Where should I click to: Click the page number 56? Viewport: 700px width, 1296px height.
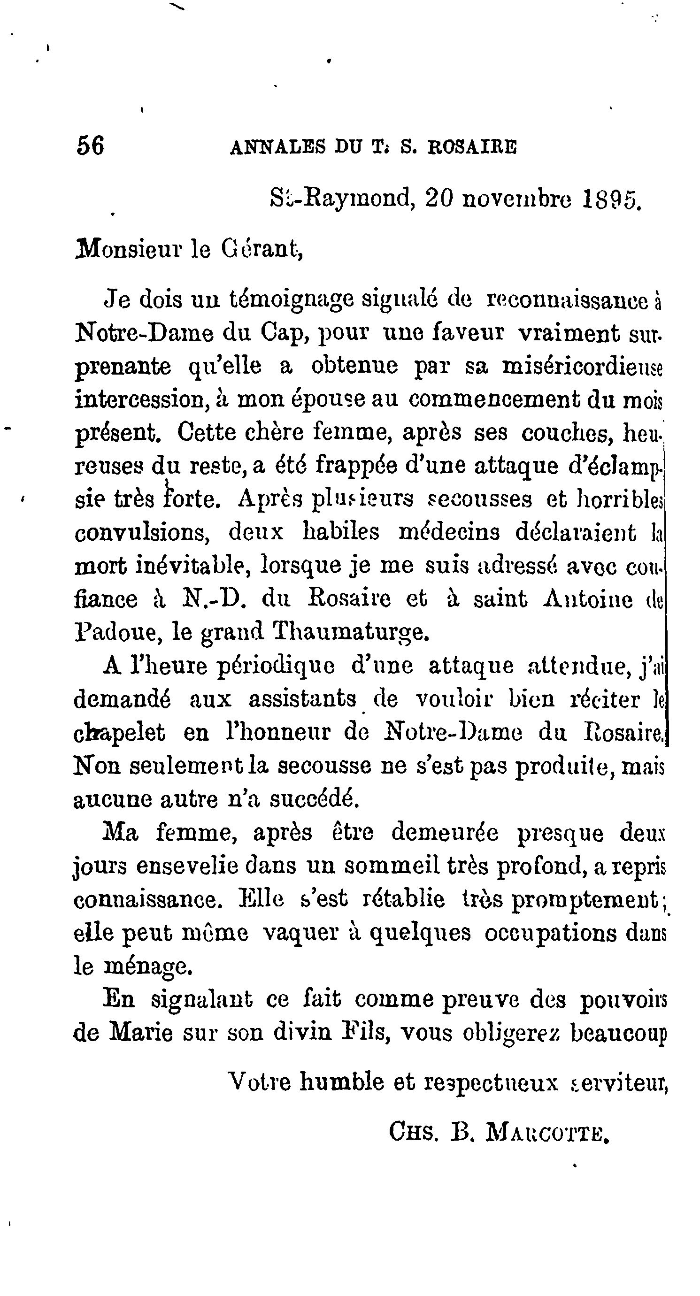(91, 146)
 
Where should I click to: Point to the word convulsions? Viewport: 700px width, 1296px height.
(142, 532)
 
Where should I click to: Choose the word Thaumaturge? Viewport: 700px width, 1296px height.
(350, 632)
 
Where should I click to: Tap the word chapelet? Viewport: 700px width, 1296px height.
(119, 733)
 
